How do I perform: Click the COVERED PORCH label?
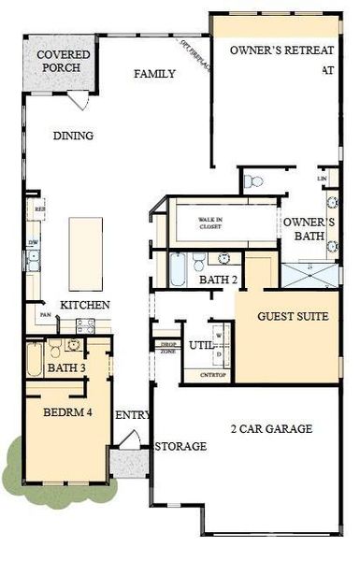tap(58, 62)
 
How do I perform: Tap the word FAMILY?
tap(155, 74)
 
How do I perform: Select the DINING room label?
tap(73, 136)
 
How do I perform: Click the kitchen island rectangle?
tap(85, 254)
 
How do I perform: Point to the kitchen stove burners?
tap(85, 325)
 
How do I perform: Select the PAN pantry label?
tap(45, 315)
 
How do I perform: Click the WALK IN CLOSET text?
tap(209, 222)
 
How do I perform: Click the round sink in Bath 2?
tap(223, 259)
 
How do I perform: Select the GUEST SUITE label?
tap(293, 317)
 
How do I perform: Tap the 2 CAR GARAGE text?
tap(271, 429)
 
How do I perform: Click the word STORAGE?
tap(180, 447)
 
